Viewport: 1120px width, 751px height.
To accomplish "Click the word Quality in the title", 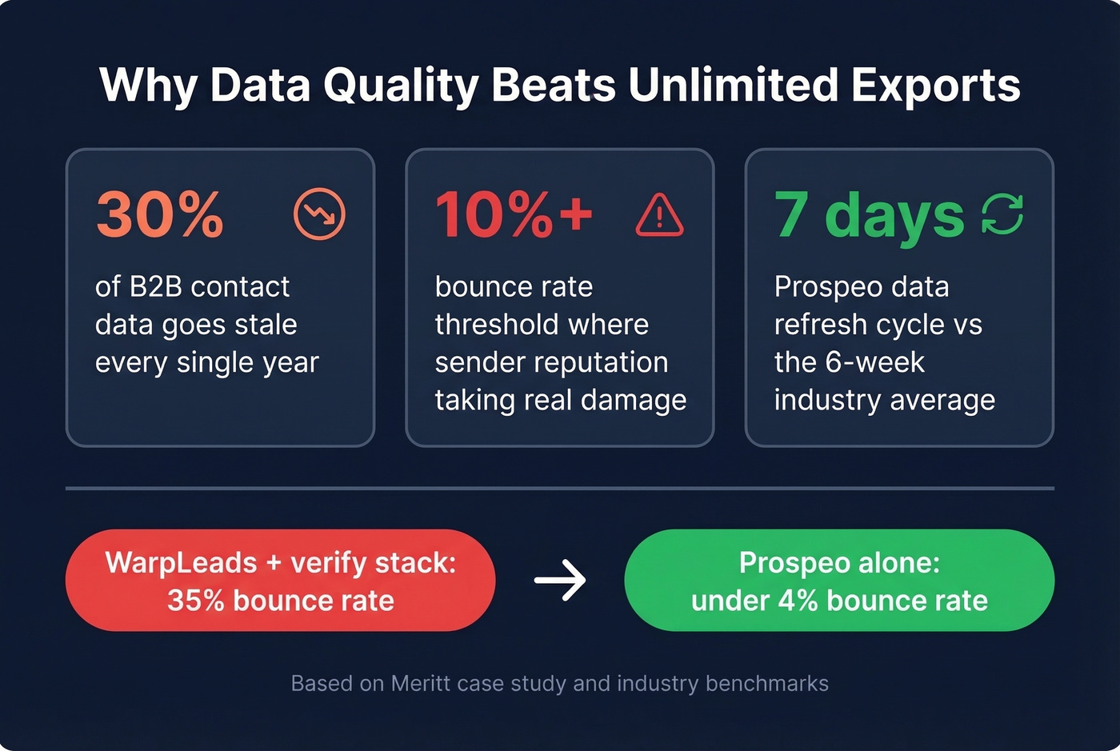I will point(401,86).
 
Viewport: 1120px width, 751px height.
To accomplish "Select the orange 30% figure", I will point(160,215).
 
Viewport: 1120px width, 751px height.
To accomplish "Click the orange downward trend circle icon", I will point(319,214).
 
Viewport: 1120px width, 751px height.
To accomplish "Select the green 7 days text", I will point(869,215).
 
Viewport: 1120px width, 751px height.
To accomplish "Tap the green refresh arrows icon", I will point(1002,214).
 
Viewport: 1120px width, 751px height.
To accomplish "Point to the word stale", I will point(261,325).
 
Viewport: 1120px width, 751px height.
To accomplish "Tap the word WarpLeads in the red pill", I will point(181,563).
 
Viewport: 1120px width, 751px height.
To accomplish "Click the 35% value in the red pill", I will point(195,601).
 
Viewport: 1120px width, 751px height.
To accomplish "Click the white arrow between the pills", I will point(560,580).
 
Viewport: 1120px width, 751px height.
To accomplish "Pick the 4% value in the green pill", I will point(797,601).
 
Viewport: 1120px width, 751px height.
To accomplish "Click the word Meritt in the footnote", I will point(422,684).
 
